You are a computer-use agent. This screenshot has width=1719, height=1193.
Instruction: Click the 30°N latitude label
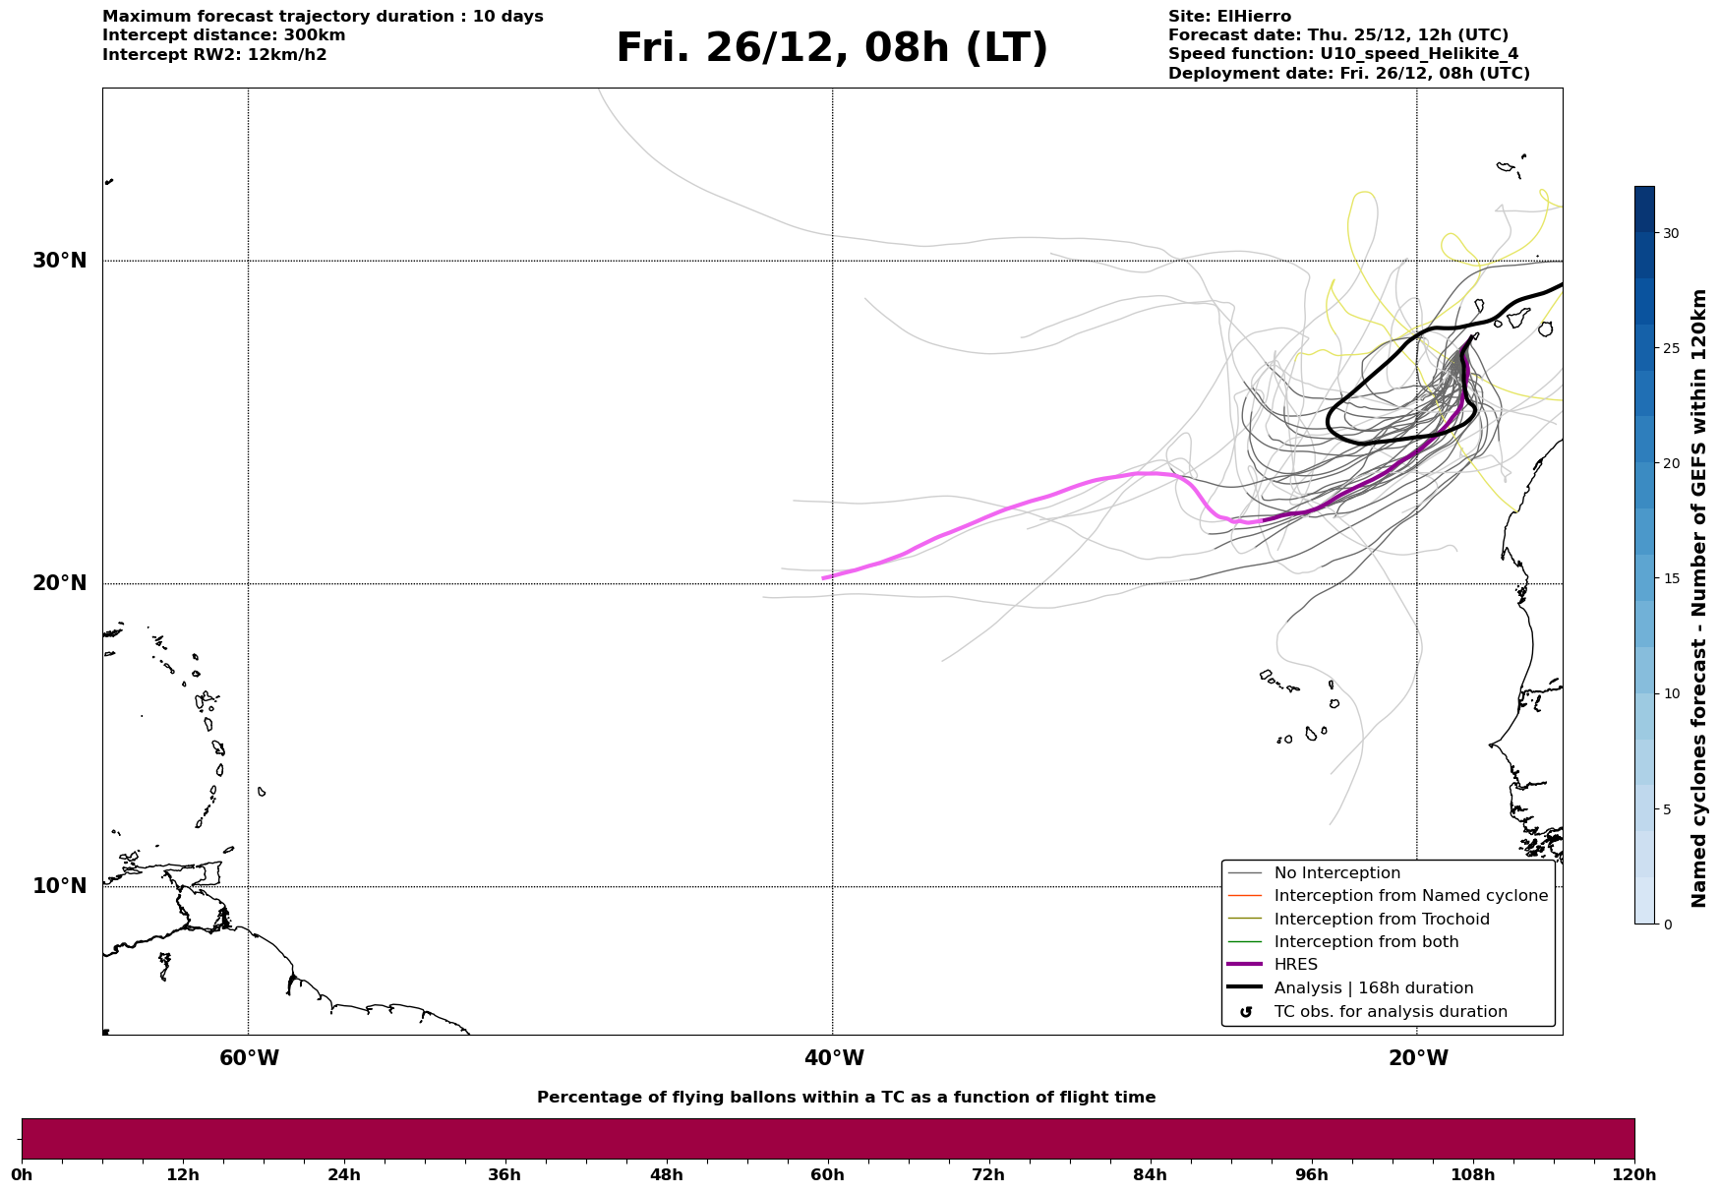tap(59, 261)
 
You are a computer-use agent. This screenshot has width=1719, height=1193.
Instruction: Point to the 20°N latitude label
tap(59, 583)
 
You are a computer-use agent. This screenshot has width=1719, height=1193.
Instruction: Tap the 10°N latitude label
tap(59, 886)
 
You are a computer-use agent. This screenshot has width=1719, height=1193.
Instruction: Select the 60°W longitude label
tap(249, 1058)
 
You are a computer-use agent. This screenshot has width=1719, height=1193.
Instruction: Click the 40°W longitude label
tap(834, 1058)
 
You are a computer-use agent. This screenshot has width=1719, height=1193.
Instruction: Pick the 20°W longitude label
tap(1418, 1058)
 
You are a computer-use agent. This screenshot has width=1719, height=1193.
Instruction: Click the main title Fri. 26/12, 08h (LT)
tap(832, 48)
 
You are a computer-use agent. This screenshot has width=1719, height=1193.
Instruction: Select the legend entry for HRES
tap(1295, 965)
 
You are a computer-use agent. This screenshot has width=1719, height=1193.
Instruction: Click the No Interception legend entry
tap(1336, 873)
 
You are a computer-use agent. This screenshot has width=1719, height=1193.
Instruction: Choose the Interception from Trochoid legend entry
tap(1381, 920)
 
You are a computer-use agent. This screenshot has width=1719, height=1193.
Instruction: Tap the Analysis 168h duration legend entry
tap(1373, 988)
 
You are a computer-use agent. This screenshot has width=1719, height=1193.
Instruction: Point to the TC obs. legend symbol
tap(1246, 1012)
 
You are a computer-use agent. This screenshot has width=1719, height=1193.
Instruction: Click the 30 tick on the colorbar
tap(1671, 233)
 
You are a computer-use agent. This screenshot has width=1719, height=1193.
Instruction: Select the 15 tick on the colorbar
tap(1671, 578)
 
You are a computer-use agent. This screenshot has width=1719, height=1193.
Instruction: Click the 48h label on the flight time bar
tap(666, 1175)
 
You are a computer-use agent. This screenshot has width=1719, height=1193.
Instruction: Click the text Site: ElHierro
tap(1229, 17)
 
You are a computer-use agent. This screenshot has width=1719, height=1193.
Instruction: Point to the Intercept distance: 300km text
tap(223, 35)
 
